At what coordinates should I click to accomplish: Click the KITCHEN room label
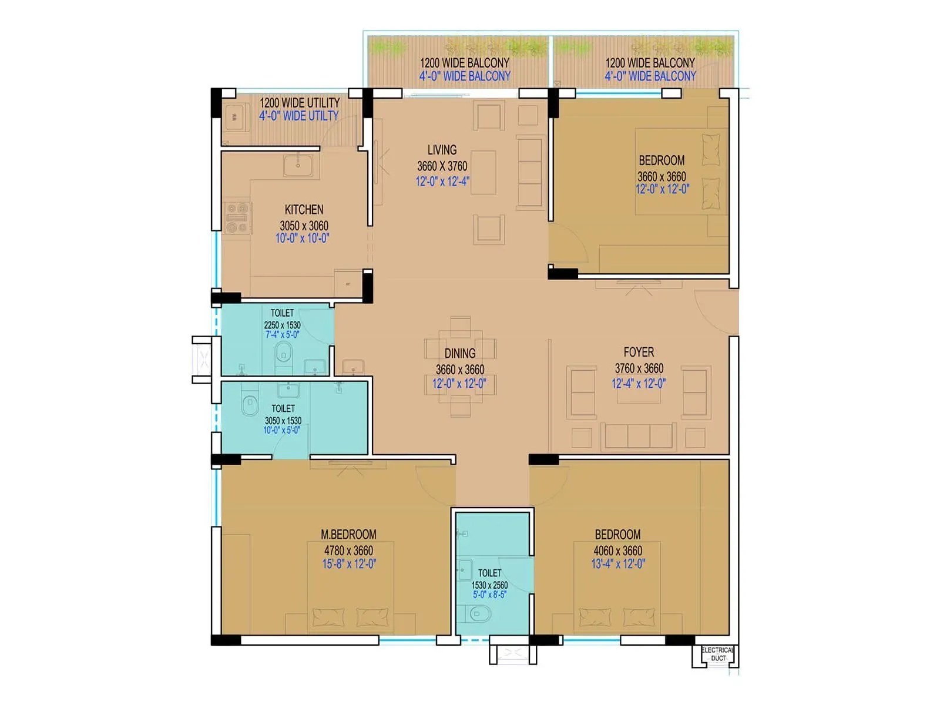click(x=304, y=210)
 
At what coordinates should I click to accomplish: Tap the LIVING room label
click(x=442, y=150)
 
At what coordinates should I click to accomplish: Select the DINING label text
click(x=459, y=353)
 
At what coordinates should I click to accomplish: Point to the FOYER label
click(x=639, y=352)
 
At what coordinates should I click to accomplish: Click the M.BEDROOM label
click(x=348, y=535)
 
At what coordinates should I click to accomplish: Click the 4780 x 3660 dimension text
click(x=348, y=550)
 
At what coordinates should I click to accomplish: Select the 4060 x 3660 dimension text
click(x=617, y=550)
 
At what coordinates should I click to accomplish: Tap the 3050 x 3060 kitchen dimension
click(x=304, y=226)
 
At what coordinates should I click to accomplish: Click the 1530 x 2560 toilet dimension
click(x=489, y=585)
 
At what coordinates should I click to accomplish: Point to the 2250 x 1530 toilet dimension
click(x=282, y=325)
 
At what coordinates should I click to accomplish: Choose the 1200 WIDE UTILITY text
click(x=300, y=103)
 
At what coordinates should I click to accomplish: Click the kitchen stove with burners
click(x=237, y=218)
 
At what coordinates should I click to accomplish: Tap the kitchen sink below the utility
click(x=298, y=166)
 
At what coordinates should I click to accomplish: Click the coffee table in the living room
click(x=483, y=172)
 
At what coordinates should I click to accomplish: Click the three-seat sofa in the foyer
click(x=639, y=436)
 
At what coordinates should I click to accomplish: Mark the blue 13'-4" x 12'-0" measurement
click(x=617, y=564)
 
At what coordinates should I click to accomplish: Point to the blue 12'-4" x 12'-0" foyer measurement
click(x=638, y=384)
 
